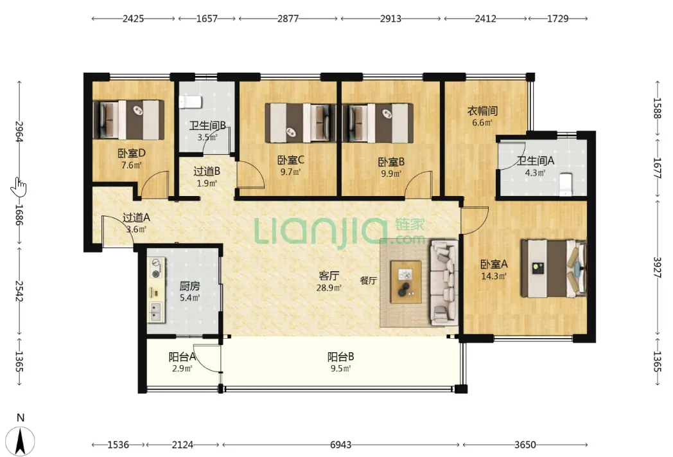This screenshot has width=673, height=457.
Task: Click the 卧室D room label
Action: pyautogui.click(x=132, y=153)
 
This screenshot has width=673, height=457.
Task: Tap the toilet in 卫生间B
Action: pyautogui.click(x=190, y=102)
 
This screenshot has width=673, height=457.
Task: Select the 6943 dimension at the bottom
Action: pyautogui.click(x=340, y=445)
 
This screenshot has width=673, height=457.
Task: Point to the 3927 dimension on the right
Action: pyautogui.click(x=657, y=267)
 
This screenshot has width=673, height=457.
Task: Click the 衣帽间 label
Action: pyautogui.click(x=482, y=111)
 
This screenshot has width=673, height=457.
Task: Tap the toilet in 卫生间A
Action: pyautogui.click(x=566, y=184)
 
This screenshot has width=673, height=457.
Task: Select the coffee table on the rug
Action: pyautogui.click(x=406, y=282)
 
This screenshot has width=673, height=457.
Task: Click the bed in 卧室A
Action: pyautogui.click(x=554, y=269)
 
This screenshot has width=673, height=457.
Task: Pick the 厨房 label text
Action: pyautogui.click(x=189, y=286)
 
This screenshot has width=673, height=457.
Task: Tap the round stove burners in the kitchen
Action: pyautogui.click(x=155, y=267)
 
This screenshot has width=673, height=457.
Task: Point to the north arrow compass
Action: pyautogui.click(x=21, y=440)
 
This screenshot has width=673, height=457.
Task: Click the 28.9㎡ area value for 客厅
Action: pyautogui.click(x=329, y=288)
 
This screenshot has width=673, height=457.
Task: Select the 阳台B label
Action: pyautogui.click(x=340, y=357)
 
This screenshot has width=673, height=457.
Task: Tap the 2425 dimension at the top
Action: pyautogui.click(x=133, y=19)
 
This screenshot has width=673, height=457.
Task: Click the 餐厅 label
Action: pyautogui.click(x=368, y=280)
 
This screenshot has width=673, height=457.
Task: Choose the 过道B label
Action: pyautogui.click(x=207, y=172)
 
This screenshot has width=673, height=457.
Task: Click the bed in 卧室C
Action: pyautogui.click(x=300, y=123)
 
